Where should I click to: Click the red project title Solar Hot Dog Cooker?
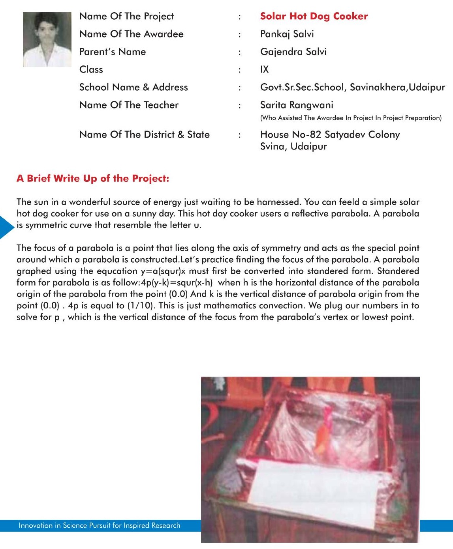(x=314, y=16)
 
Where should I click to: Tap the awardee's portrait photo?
(x=47, y=39)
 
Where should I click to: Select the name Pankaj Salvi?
(x=287, y=34)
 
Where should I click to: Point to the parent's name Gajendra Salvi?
(x=293, y=52)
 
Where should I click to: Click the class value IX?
(x=264, y=69)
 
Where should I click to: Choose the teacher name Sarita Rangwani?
(x=297, y=105)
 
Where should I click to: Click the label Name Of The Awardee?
(x=131, y=34)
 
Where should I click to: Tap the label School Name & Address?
(x=133, y=87)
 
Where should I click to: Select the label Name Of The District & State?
(x=144, y=134)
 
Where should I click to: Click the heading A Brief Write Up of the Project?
(x=93, y=179)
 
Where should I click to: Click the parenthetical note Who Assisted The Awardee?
(x=351, y=118)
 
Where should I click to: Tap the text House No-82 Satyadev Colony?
(x=330, y=134)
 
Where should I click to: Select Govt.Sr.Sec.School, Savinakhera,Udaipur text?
(x=352, y=87)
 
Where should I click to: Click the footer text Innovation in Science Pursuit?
(x=99, y=526)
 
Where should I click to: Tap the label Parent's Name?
(x=113, y=52)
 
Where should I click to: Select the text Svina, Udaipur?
(x=293, y=147)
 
